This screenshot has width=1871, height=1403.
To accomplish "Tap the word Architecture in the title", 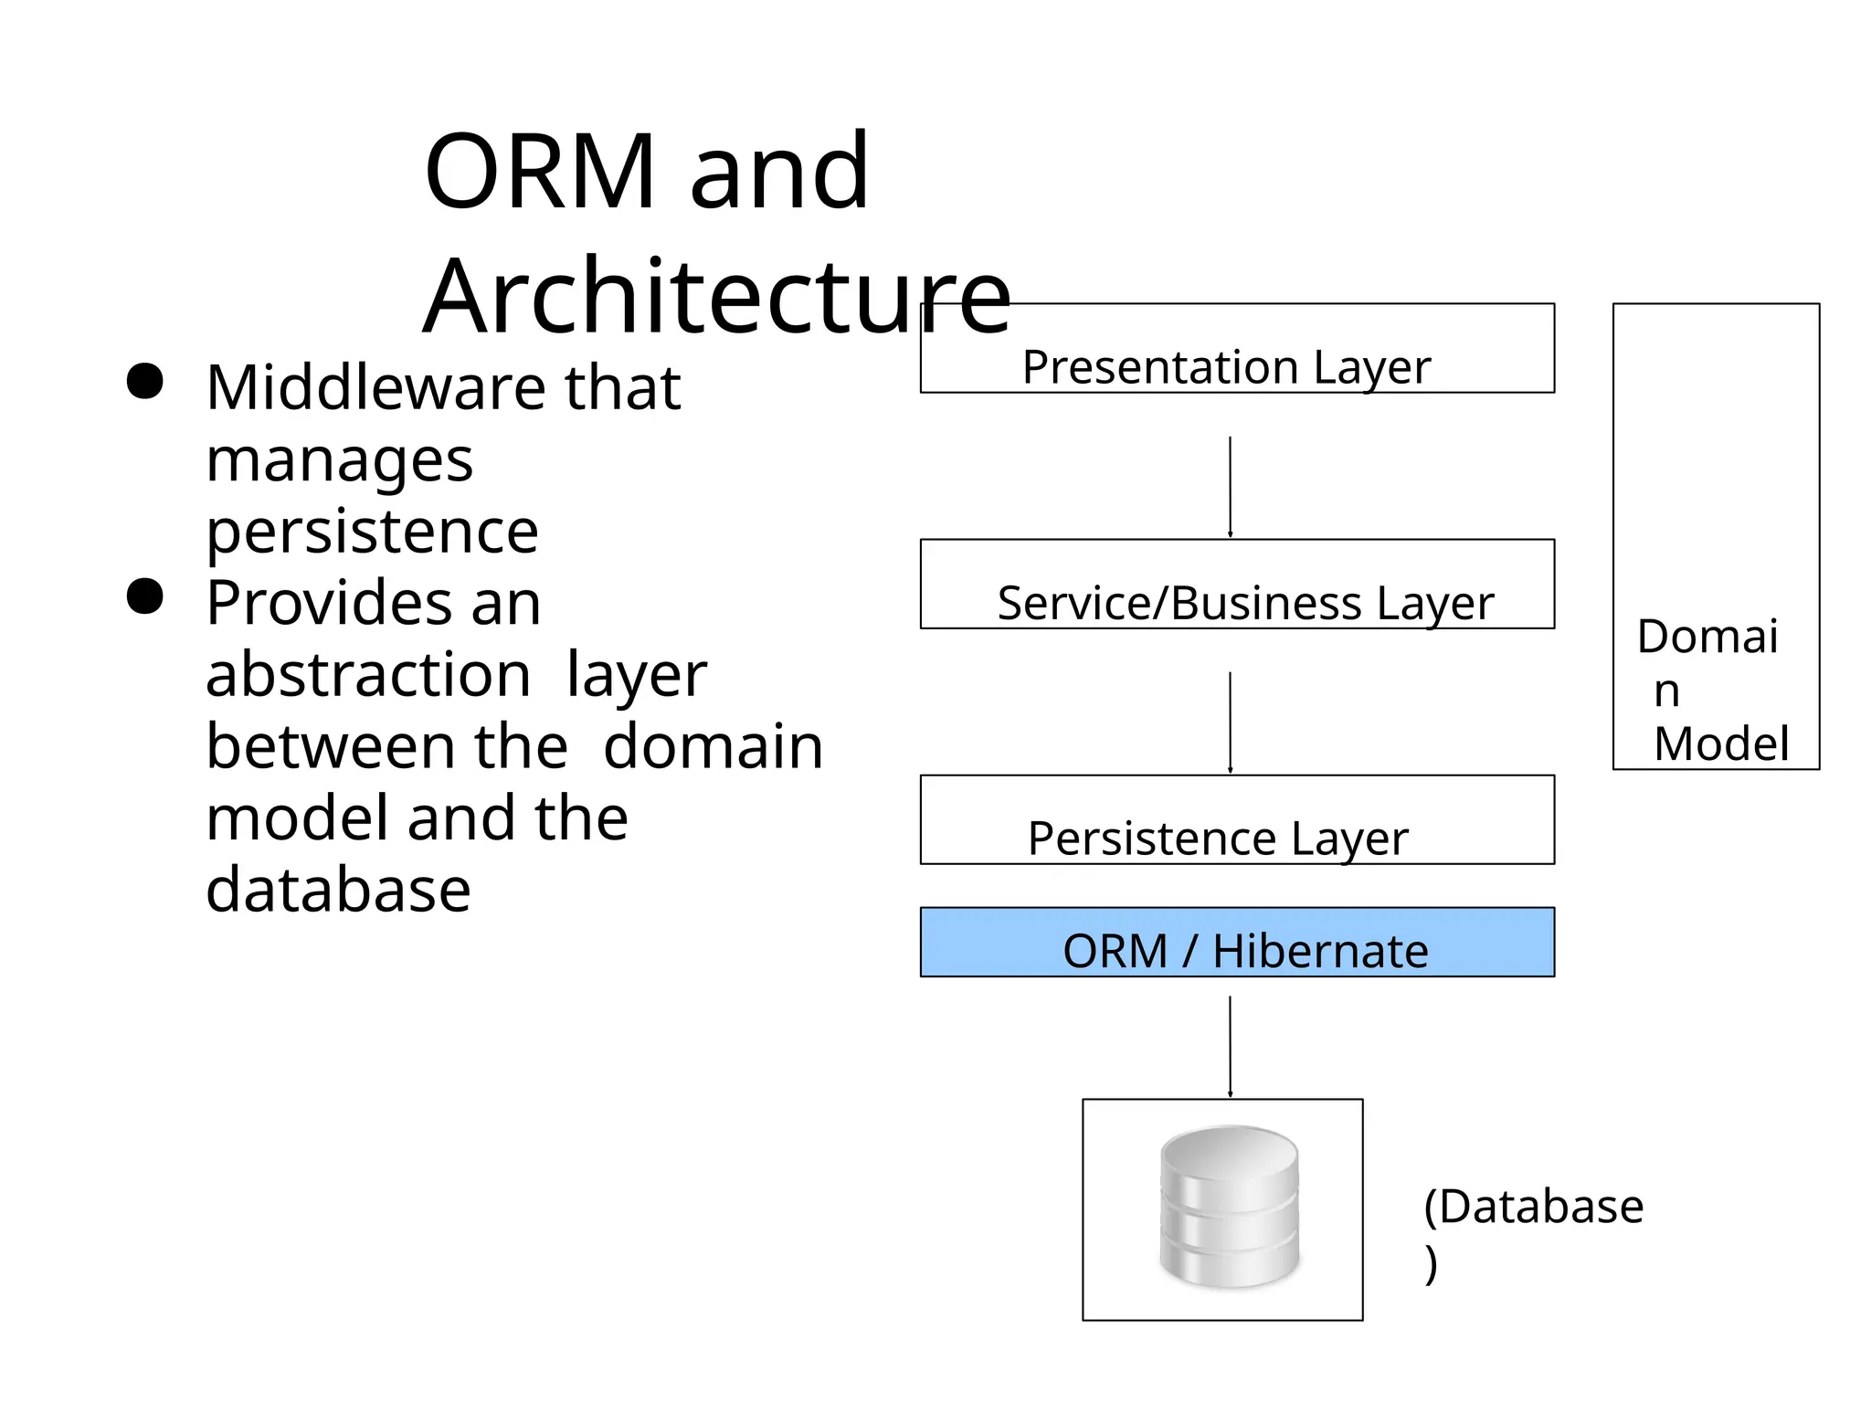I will tap(717, 297).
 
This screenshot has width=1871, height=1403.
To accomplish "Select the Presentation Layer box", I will tap(1236, 349).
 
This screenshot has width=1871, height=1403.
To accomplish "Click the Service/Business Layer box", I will tap(1236, 585).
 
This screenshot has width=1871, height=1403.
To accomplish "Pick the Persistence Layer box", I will tap(1236, 820).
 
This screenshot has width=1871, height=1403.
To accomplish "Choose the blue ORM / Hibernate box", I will tap(1236, 943).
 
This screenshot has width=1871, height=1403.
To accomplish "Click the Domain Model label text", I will tap(1714, 691).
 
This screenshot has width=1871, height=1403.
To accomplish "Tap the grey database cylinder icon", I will tap(1229, 1207).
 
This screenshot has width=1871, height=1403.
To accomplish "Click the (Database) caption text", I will tap(1533, 1208).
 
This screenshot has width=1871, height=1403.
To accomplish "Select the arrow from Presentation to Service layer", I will tap(1230, 486).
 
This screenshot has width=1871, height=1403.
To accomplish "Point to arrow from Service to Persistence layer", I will tap(1230, 722).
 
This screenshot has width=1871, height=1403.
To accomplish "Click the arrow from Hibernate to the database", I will tap(1230, 1046).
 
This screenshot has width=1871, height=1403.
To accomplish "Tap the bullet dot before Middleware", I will tap(144, 382).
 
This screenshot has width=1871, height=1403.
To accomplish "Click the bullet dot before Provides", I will tap(144, 597).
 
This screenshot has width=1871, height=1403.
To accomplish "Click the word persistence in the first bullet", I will tap(372, 531).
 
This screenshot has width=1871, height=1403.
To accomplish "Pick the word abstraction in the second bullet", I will tap(368, 675).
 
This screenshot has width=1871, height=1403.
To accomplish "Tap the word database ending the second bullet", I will tap(338, 890).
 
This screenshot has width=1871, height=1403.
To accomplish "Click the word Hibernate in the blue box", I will tap(1319, 951).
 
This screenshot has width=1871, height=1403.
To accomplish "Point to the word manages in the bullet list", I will tap(339, 459).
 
